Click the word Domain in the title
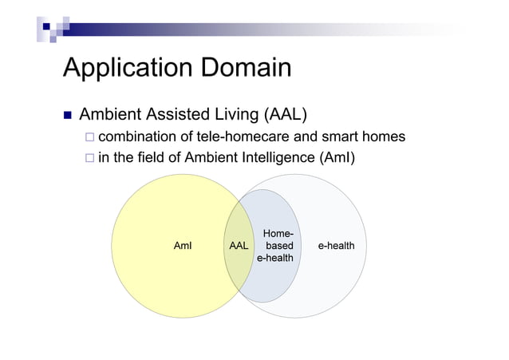tap(247, 67)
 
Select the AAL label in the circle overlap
tap(238, 246)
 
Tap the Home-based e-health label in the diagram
tap(274, 246)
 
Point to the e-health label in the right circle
tap(336, 246)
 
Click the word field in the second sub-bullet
tap(148, 158)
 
